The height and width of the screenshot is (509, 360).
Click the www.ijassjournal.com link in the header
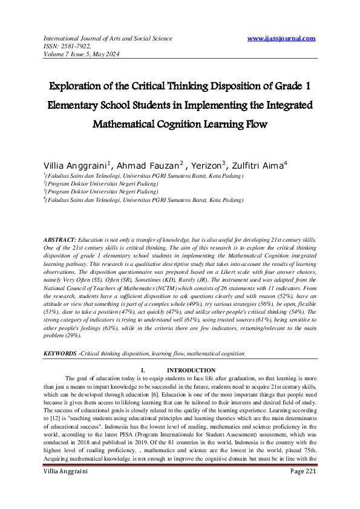coord(282,39)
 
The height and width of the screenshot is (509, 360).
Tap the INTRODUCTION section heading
coord(191,370)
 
